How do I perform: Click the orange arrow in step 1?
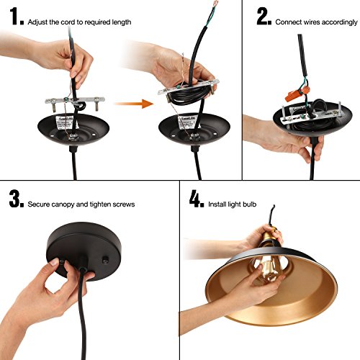click(134, 104)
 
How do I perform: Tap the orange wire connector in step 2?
click(297, 94)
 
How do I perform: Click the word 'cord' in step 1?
click(68, 22)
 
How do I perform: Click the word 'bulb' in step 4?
click(249, 204)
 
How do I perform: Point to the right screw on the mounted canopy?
click(105, 260)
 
